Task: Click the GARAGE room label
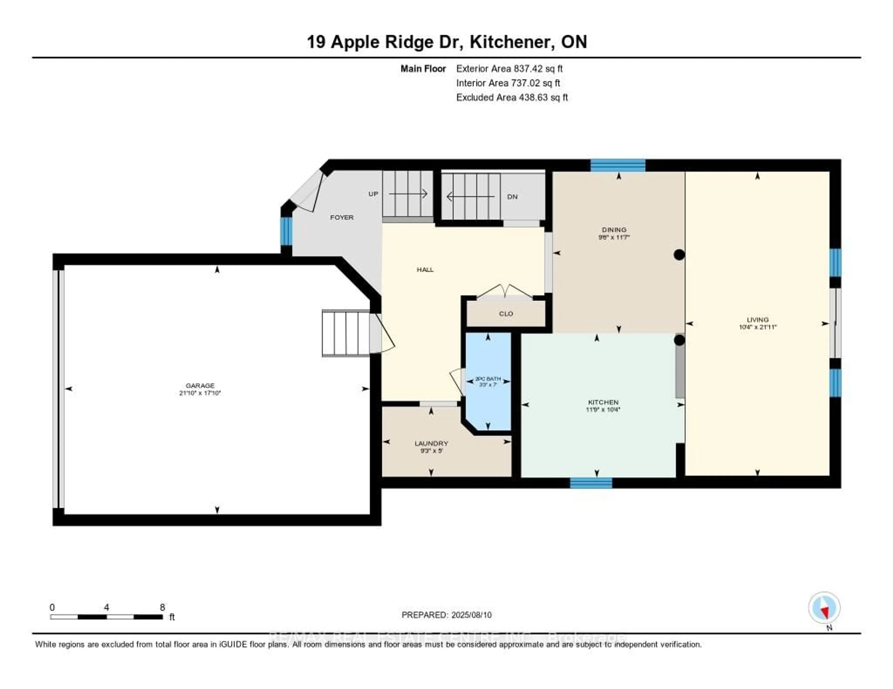[x=200, y=385]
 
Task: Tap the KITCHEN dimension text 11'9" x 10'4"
[x=603, y=410]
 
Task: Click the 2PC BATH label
[x=488, y=379]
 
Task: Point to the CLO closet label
[x=506, y=314]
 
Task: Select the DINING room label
[x=614, y=230]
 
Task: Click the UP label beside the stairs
[x=373, y=194]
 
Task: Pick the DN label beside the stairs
[x=512, y=197]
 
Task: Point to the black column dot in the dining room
[x=679, y=255]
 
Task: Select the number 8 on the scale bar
[x=162, y=607]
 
